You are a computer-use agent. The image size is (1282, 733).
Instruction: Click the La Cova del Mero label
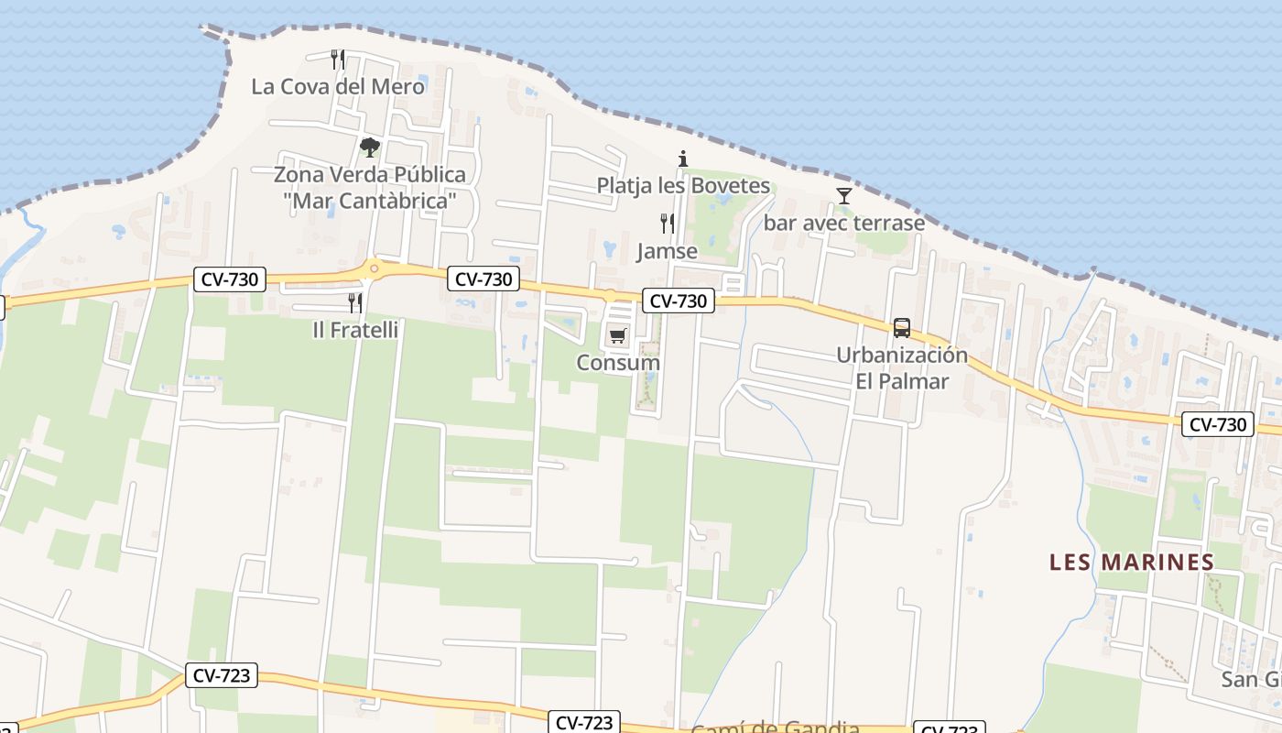(x=338, y=87)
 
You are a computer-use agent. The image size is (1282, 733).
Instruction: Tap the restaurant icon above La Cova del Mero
(x=338, y=60)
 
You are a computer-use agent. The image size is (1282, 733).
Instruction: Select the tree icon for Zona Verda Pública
(x=369, y=147)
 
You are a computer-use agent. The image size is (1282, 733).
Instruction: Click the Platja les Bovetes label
(x=683, y=185)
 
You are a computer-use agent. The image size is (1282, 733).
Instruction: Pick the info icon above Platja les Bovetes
(x=682, y=159)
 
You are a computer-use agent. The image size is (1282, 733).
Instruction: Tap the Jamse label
(x=668, y=251)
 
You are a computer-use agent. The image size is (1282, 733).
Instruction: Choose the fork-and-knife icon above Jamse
(x=668, y=224)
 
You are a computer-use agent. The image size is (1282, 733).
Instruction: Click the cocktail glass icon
(x=843, y=196)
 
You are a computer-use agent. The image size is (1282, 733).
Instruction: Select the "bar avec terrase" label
(x=843, y=223)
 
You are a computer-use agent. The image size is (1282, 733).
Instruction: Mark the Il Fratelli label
(x=355, y=330)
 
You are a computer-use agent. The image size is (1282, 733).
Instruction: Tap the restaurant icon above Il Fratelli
(x=355, y=302)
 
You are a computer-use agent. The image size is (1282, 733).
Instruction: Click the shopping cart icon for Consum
(x=618, y=335)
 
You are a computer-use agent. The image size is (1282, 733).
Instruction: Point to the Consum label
(x=618, y=363)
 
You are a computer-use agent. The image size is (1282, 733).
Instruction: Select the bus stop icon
(x=902, y=327)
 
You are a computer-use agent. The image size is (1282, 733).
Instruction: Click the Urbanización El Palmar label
(x=902, y=368)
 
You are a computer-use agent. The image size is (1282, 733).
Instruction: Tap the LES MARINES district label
(x=1132, y=562)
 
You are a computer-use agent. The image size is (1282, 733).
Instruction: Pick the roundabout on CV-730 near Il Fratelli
(x=373, y=268)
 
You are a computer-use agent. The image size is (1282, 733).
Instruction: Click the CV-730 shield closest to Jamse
(x=678, y=301)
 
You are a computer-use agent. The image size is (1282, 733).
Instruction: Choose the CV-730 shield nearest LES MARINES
(x=1217, y=424)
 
